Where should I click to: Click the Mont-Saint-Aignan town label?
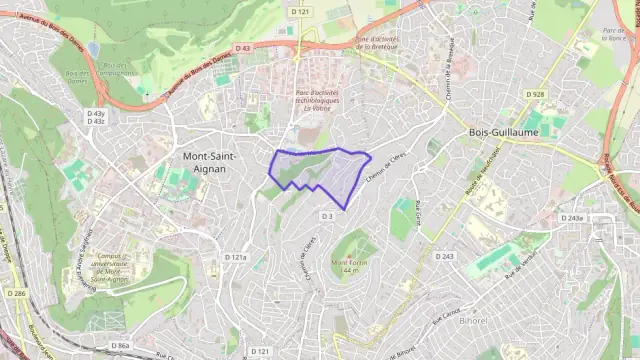click(x=217, y=162)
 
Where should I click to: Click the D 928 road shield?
click(x=535, y=94)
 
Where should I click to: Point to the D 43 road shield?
click(x=243, y=48)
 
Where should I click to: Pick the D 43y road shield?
click(x=96, y=113)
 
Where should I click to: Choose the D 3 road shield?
click(x=327, y=216)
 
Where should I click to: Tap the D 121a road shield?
click(x=235, y=257)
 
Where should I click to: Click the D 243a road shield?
click(x=572, y=218)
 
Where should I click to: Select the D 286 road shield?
click(x=15, y=293)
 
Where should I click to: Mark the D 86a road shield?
click(x=120, y=345)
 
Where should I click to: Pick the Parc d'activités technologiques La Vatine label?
click(x=318, y=101)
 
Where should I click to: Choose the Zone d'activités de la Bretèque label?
click(x=377, y=43)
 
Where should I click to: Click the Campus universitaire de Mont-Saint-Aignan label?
click(x=122, y=265)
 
